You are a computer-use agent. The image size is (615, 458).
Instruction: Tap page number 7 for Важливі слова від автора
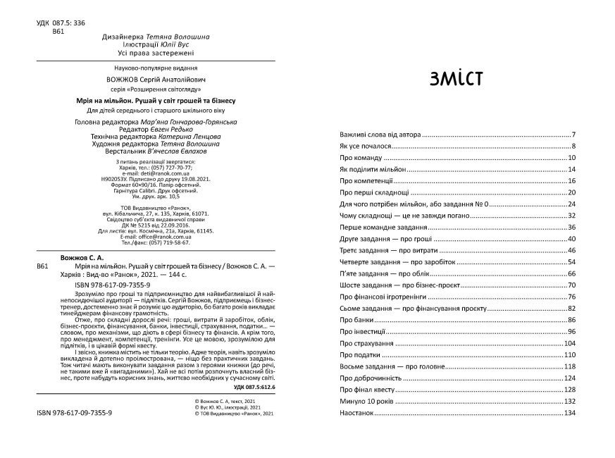(574, 135)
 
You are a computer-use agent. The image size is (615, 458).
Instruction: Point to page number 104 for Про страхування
(571, 342)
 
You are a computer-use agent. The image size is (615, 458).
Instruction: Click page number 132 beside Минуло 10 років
(571, 401)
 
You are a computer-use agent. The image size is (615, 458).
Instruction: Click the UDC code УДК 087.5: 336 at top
(61, 23)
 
